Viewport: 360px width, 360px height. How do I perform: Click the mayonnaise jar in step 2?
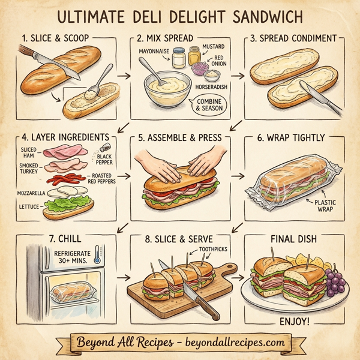click(178, 59)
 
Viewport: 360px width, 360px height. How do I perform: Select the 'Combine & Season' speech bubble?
click(209, 106)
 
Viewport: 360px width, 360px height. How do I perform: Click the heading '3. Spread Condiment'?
click(293, 38)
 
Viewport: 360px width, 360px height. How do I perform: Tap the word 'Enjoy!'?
click(295, 322)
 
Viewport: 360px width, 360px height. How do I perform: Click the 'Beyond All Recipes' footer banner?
click(180, 343)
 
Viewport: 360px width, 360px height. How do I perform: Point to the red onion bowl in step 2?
click(211, 74)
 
